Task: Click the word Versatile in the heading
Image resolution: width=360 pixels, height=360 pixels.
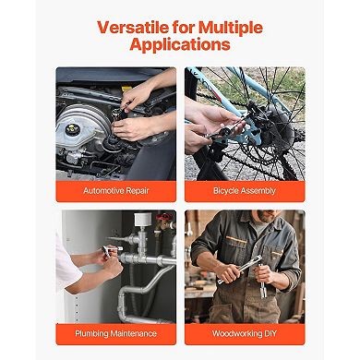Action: point(133,28)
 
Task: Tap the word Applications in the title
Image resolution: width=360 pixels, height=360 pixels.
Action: point(180,44)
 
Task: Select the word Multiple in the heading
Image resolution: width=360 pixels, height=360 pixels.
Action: point(231,28)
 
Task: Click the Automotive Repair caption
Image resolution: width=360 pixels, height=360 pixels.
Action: point(116,191)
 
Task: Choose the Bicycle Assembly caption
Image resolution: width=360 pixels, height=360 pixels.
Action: point(245,191)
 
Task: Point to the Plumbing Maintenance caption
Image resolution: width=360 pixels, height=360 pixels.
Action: point(116,333)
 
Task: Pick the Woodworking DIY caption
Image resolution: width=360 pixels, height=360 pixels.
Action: point(245,333)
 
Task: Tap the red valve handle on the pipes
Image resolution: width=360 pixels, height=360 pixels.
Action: point(164,217)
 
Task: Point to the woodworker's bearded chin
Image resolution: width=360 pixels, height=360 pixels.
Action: point(265,216)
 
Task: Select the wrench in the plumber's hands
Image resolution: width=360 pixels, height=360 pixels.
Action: point(110,250)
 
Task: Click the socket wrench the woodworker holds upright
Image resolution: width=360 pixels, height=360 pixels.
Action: point(262,281)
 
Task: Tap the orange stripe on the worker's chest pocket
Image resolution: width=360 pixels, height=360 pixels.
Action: point(236,239)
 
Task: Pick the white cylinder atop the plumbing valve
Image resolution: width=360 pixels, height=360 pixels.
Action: point(143,219)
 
